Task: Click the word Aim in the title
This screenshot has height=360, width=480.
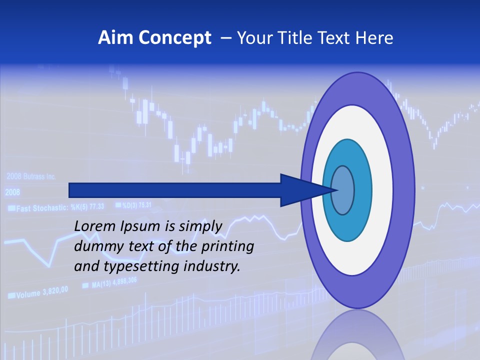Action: (115, 38)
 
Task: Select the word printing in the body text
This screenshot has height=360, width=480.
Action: (229, 246)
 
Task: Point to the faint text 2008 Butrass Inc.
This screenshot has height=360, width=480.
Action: (31, 176)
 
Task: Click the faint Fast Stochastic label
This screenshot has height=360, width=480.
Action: (42, 207)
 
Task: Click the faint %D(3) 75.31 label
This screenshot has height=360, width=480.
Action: (133, 204)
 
